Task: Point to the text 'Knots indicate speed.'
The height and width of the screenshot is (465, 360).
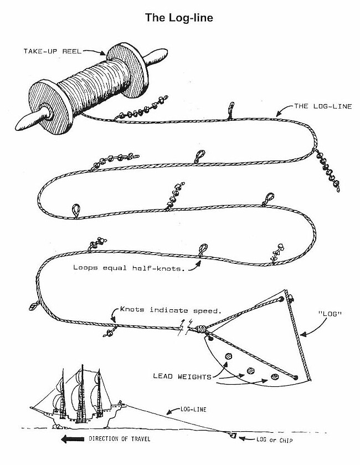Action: [x=171, y=310]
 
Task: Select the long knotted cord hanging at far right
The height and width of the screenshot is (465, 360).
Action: [x=327, y=170]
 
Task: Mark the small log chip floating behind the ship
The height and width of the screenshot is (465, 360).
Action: [x=233, y=436]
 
